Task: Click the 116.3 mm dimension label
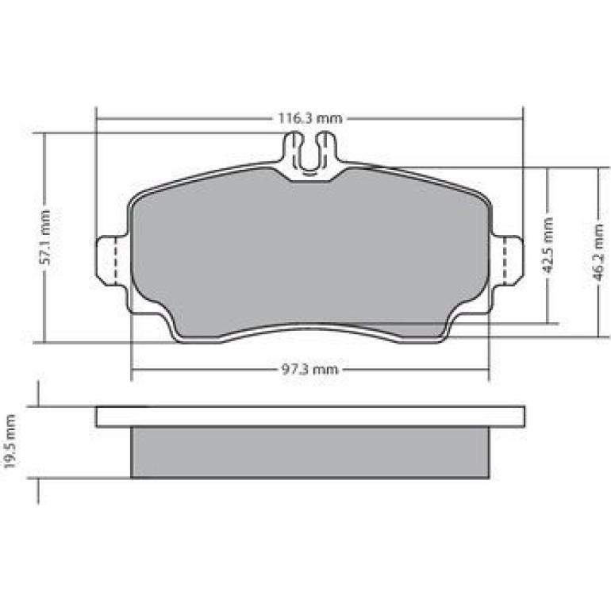pos(309,118)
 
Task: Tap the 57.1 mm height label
pos(45,237)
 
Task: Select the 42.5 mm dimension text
pos(548,245)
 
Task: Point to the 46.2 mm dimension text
pos(598,252)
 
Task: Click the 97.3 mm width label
pos(309,369)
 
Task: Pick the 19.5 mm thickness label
pos(10,442)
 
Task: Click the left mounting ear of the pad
pos(111,261)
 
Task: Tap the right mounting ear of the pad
pos(507,261)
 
